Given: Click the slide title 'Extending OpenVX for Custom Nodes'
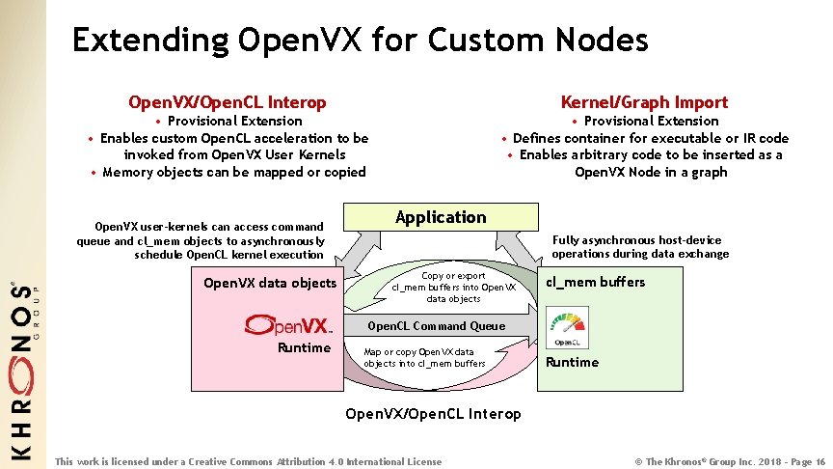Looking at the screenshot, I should pos(360,40).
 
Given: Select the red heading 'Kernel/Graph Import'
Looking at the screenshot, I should pos(644,101).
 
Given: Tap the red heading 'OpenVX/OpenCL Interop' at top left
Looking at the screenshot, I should pos(228,101).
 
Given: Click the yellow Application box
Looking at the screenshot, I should pos(441,217).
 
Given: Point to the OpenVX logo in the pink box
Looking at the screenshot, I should pos(288,324).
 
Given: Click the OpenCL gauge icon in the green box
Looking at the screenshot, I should pos(566,327).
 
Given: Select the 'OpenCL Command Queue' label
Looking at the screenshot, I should pos(436,326).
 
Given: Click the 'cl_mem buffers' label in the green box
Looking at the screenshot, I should pos(595,282).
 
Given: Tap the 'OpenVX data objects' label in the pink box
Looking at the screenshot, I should pos(270,283).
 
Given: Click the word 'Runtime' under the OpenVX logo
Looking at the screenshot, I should pos(304,347).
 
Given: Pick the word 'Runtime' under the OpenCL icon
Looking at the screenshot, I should pos(572,362).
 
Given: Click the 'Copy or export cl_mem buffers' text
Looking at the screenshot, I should pos(454,287).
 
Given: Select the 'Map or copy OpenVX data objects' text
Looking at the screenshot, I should pos(424,357).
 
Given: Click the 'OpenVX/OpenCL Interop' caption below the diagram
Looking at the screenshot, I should pos(433,413).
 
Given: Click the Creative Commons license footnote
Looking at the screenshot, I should pos(249,461).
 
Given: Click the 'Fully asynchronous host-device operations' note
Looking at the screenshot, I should pos(639,247).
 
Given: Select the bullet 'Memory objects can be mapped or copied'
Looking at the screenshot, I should pos(233,172).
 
